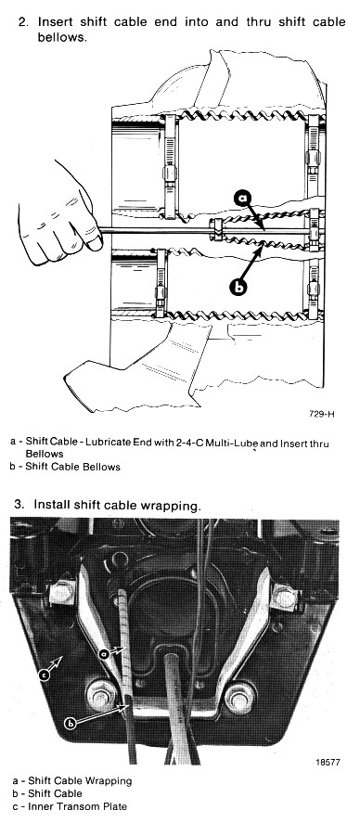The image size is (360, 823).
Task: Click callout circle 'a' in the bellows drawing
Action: tap(243, 198)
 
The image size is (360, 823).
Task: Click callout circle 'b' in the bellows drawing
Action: tap(238, 286)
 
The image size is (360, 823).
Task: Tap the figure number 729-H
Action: tap(321, 414)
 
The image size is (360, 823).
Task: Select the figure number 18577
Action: tap(327, 762)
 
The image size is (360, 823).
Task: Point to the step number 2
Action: tap(23, 22)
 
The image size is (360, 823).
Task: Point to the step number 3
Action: tap(19, 505)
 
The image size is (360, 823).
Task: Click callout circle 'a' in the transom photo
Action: tap(104, 653)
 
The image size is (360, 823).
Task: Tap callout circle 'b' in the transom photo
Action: tap(70, 724)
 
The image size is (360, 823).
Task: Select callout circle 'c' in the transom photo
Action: tap(45, 675)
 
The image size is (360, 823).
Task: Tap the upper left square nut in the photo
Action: tap(62, 594)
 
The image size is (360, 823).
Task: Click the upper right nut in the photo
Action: tap(285, 598)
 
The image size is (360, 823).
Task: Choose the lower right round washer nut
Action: tap(239, 699)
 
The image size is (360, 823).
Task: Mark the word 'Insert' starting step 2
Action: tap(55, 22)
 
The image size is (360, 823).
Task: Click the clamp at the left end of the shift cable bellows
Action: tap(218, 230)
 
